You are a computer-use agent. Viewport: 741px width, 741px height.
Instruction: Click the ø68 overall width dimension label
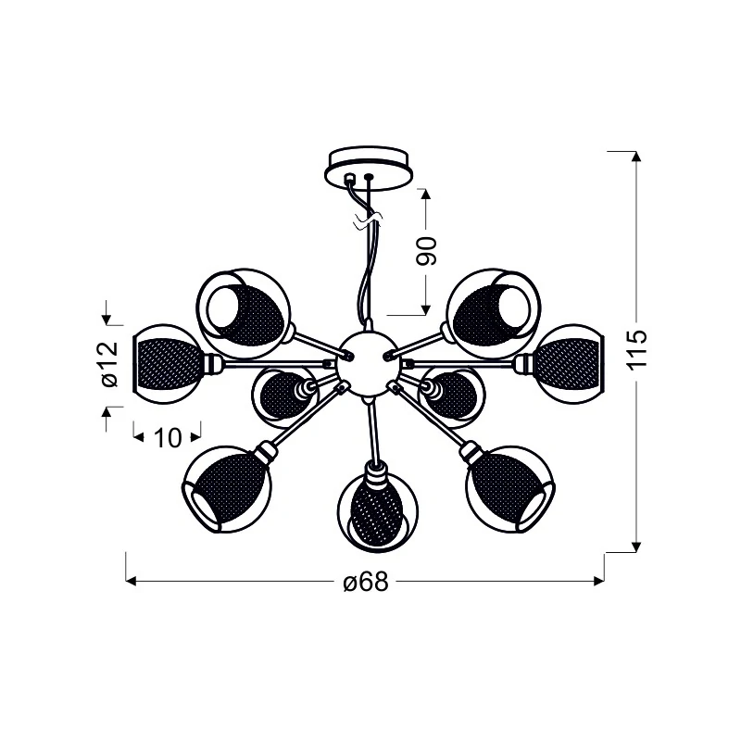click(x=366, y=582)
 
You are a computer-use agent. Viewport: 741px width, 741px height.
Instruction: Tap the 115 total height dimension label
click(x=636, y=350)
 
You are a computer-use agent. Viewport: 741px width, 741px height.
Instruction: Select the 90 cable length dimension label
click(x=426, y=250)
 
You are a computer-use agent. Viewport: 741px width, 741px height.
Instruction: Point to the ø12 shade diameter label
click(x=109, y=363)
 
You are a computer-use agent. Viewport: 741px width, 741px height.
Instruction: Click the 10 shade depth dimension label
click(x=168, y=438)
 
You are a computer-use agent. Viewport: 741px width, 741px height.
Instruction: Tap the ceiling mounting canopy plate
click(x=369, y=168)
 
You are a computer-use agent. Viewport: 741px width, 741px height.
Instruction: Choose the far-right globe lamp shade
click(x=570, y=364)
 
